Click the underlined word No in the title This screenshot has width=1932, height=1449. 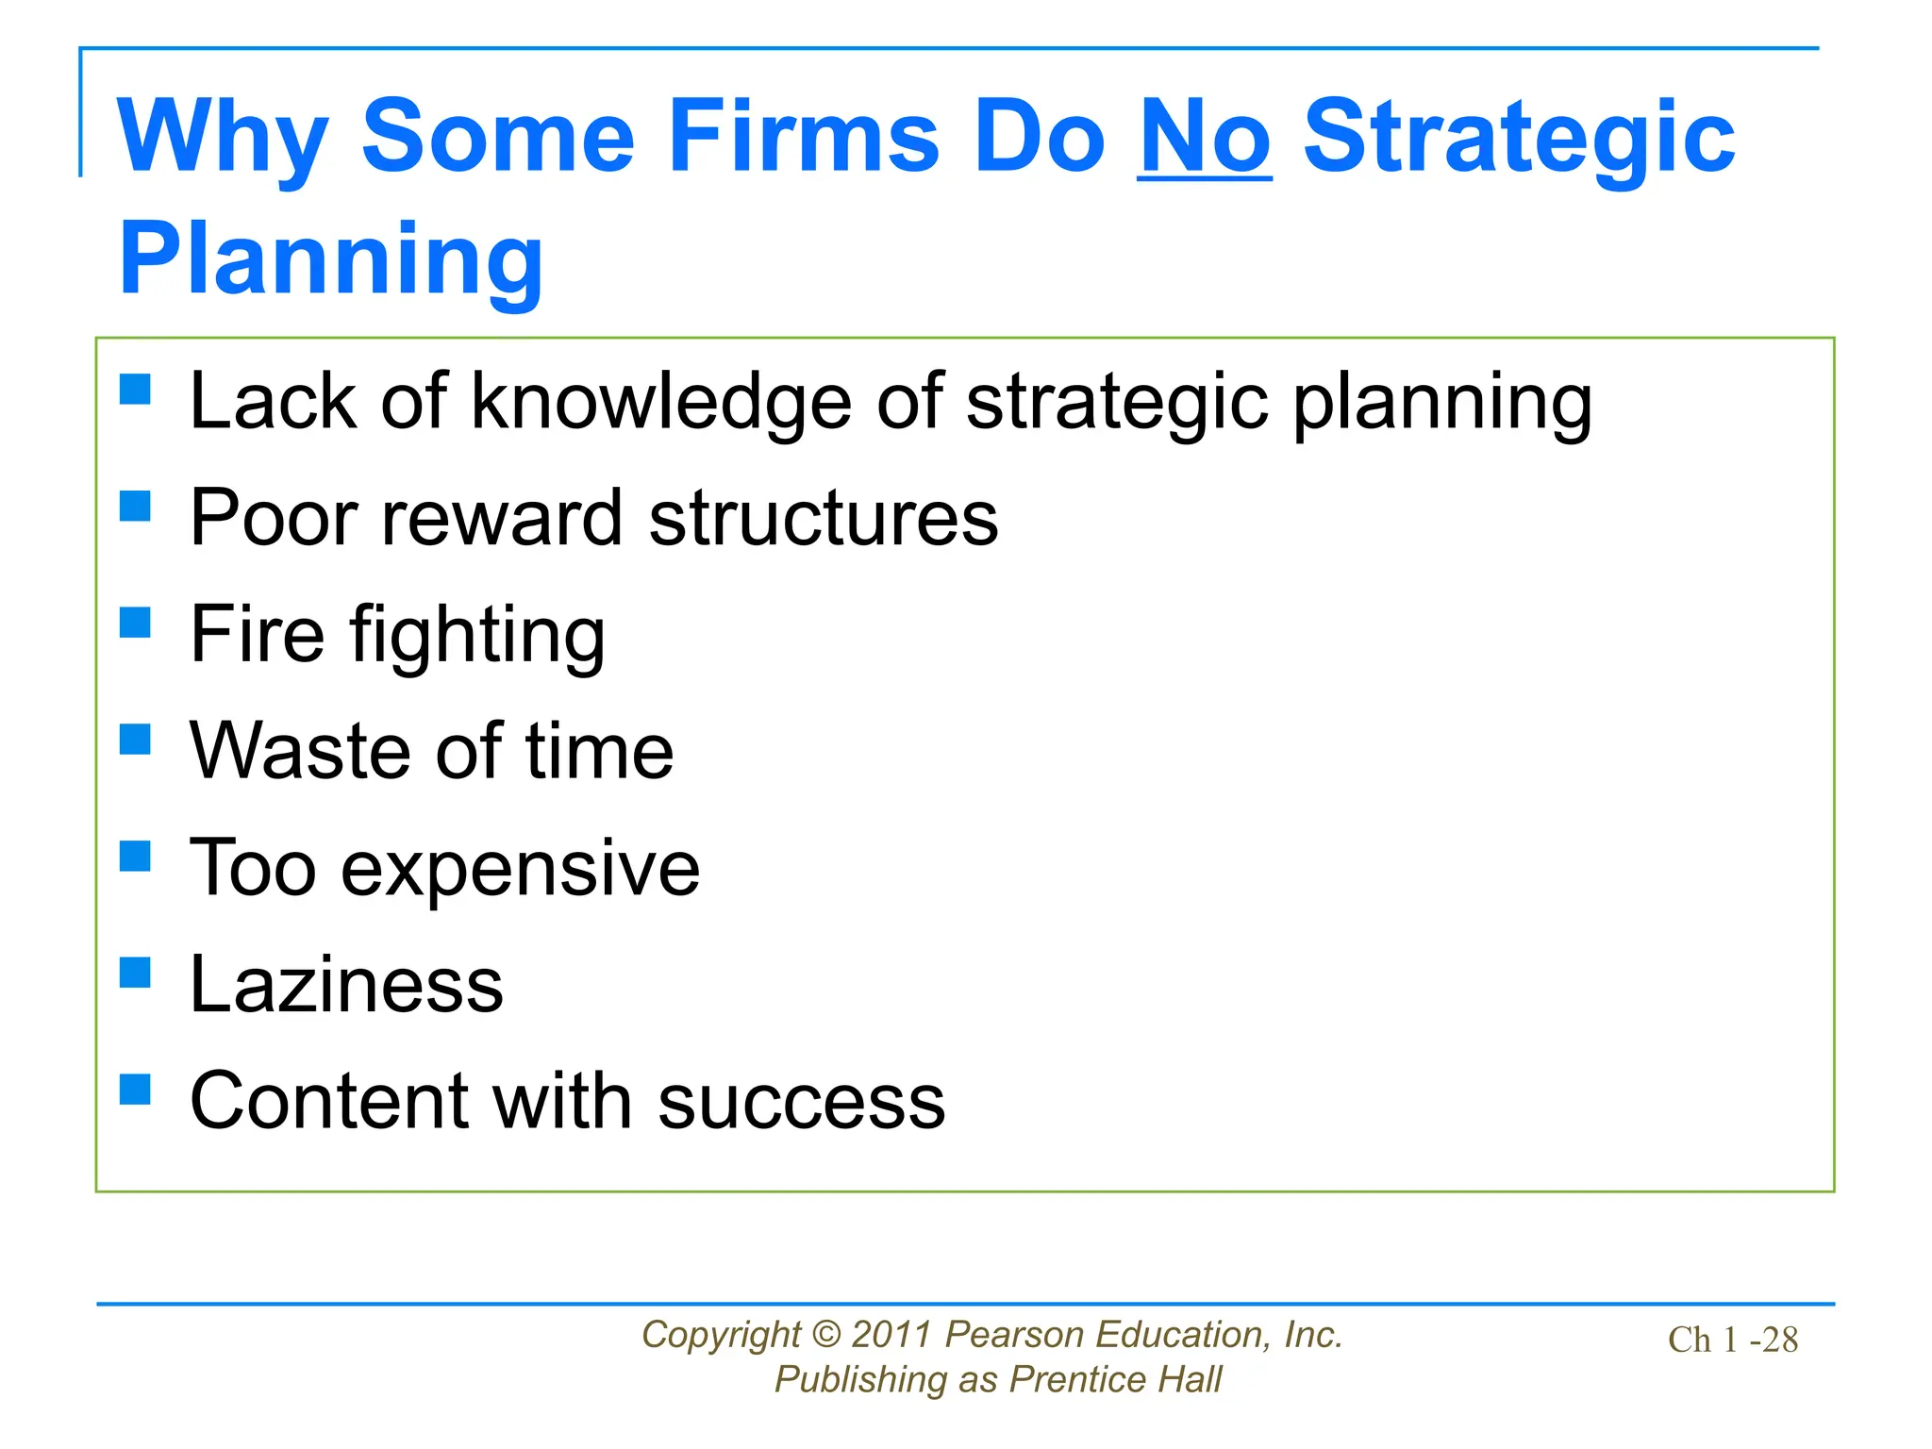pyautogui.click(x=1205, y=138)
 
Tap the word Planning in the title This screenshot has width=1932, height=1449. pyautogui.click(x=331, y=259)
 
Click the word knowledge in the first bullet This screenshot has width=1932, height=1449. pyautogui.click(x=660, y=403)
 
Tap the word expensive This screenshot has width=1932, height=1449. pyautogui.click(x=520, y=869)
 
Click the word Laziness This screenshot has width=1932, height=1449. pyautogui.click(x=346, y=985)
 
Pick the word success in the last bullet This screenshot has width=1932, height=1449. pyautogui.click(x=801, y=1102)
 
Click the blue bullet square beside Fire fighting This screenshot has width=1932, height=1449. pyautogui.click(x=136, y=623)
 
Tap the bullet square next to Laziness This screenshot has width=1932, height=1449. pyautogui.click(x=136, y=973)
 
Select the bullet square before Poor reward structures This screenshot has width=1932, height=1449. pyautogui.click(x=136, y=506)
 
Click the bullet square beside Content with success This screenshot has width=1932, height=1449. pyautogui.click(x=136, y=1090)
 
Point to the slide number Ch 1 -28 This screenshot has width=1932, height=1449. pyautogui.click(x=1732, y=1341)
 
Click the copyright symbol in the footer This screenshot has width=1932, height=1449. pyautogui.click(x=825, y=1335)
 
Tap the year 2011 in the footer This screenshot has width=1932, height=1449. pyautogui.click(x=891, y=1335)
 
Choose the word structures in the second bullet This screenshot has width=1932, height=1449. pyautogui.click(x=823, y=519)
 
